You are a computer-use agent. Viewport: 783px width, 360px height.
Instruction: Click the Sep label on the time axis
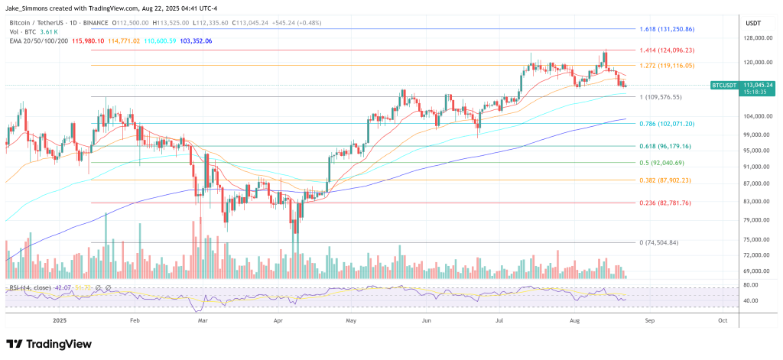coord(648,323)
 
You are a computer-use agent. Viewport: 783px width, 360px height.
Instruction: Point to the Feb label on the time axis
coord(135,323)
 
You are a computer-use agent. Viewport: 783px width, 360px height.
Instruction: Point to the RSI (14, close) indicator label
coord(30,287)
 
